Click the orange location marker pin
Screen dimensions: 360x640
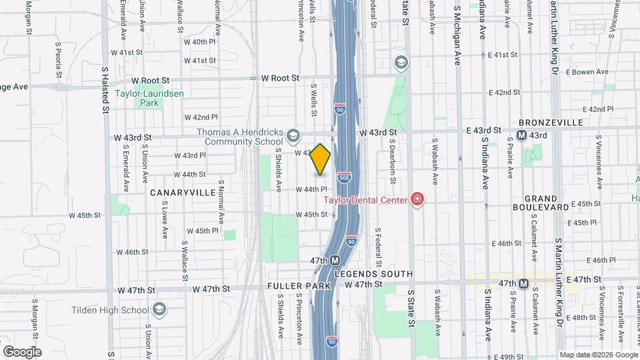321,159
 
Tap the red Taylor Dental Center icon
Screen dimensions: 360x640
418,199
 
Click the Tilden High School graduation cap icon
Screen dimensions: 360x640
160,309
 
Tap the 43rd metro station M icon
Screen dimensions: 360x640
523,135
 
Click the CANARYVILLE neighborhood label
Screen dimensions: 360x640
183,192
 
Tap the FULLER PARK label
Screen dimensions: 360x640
299,286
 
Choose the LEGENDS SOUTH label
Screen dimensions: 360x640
374,274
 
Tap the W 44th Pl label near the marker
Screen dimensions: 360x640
312,189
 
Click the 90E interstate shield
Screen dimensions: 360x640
345,179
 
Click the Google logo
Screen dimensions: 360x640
22,351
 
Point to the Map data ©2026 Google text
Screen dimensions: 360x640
597,355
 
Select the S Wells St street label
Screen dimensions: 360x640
313,97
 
